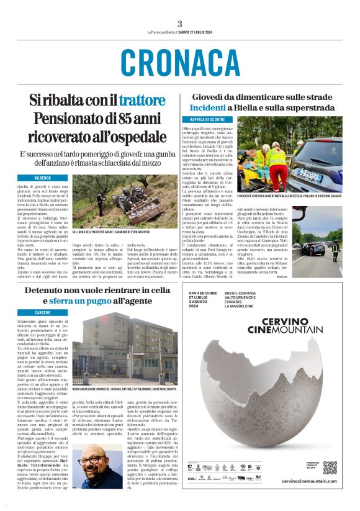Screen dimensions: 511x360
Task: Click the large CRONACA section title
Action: pyautogui.click(x=180, y=63)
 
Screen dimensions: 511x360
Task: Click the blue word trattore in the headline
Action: pyautogui.click(x=142, y=100)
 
